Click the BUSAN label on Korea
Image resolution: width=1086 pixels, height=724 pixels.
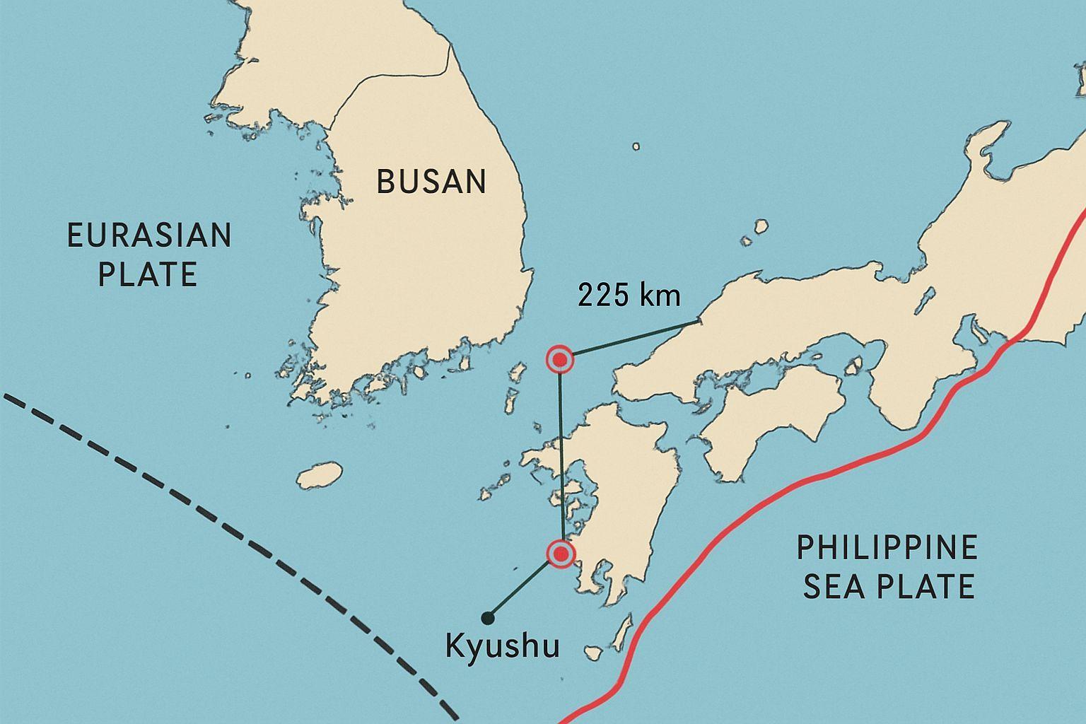click(431, 182)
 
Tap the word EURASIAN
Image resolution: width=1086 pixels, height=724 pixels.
click(149, 235)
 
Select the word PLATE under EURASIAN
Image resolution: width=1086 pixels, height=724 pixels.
click(147, 274)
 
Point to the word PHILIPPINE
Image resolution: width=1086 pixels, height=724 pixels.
click(887, 548)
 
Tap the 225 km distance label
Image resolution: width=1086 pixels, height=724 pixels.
click(629, 296)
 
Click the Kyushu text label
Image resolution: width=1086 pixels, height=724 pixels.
click(503, 646)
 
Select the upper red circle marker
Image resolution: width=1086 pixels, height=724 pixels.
click(560, 361)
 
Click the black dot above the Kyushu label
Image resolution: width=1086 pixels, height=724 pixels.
click(486, 618)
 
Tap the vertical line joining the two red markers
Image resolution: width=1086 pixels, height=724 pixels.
click(561, 460)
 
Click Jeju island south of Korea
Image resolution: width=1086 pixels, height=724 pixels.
click(320, 475)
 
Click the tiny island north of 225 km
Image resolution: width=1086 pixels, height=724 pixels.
click(636, 146)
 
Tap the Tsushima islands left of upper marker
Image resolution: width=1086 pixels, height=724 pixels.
click(514, 385)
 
